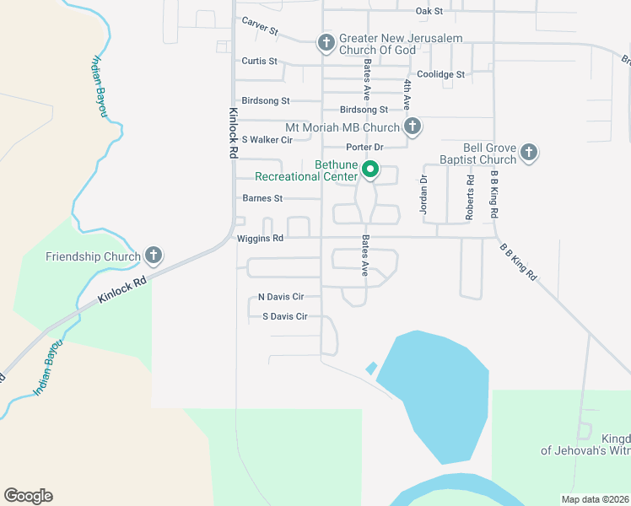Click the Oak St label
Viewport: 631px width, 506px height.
[429, 11]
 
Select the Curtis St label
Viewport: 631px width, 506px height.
[258, 62]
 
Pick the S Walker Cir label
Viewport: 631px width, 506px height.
[267, 139]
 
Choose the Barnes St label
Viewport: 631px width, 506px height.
[262, 199]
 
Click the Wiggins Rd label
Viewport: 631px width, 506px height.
[260, 239]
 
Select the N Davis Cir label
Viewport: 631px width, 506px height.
[281, 297]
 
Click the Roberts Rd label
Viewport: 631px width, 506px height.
[470, 198]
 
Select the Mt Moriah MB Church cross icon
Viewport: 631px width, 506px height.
[412, 127]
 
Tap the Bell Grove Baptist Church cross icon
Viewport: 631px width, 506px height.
[528, 152]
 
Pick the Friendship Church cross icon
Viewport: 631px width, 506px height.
[154, 255]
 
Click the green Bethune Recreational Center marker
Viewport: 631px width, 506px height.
[370, 170]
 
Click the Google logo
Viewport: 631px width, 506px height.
[28, 496]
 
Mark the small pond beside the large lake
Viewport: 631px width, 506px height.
[371, 369]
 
